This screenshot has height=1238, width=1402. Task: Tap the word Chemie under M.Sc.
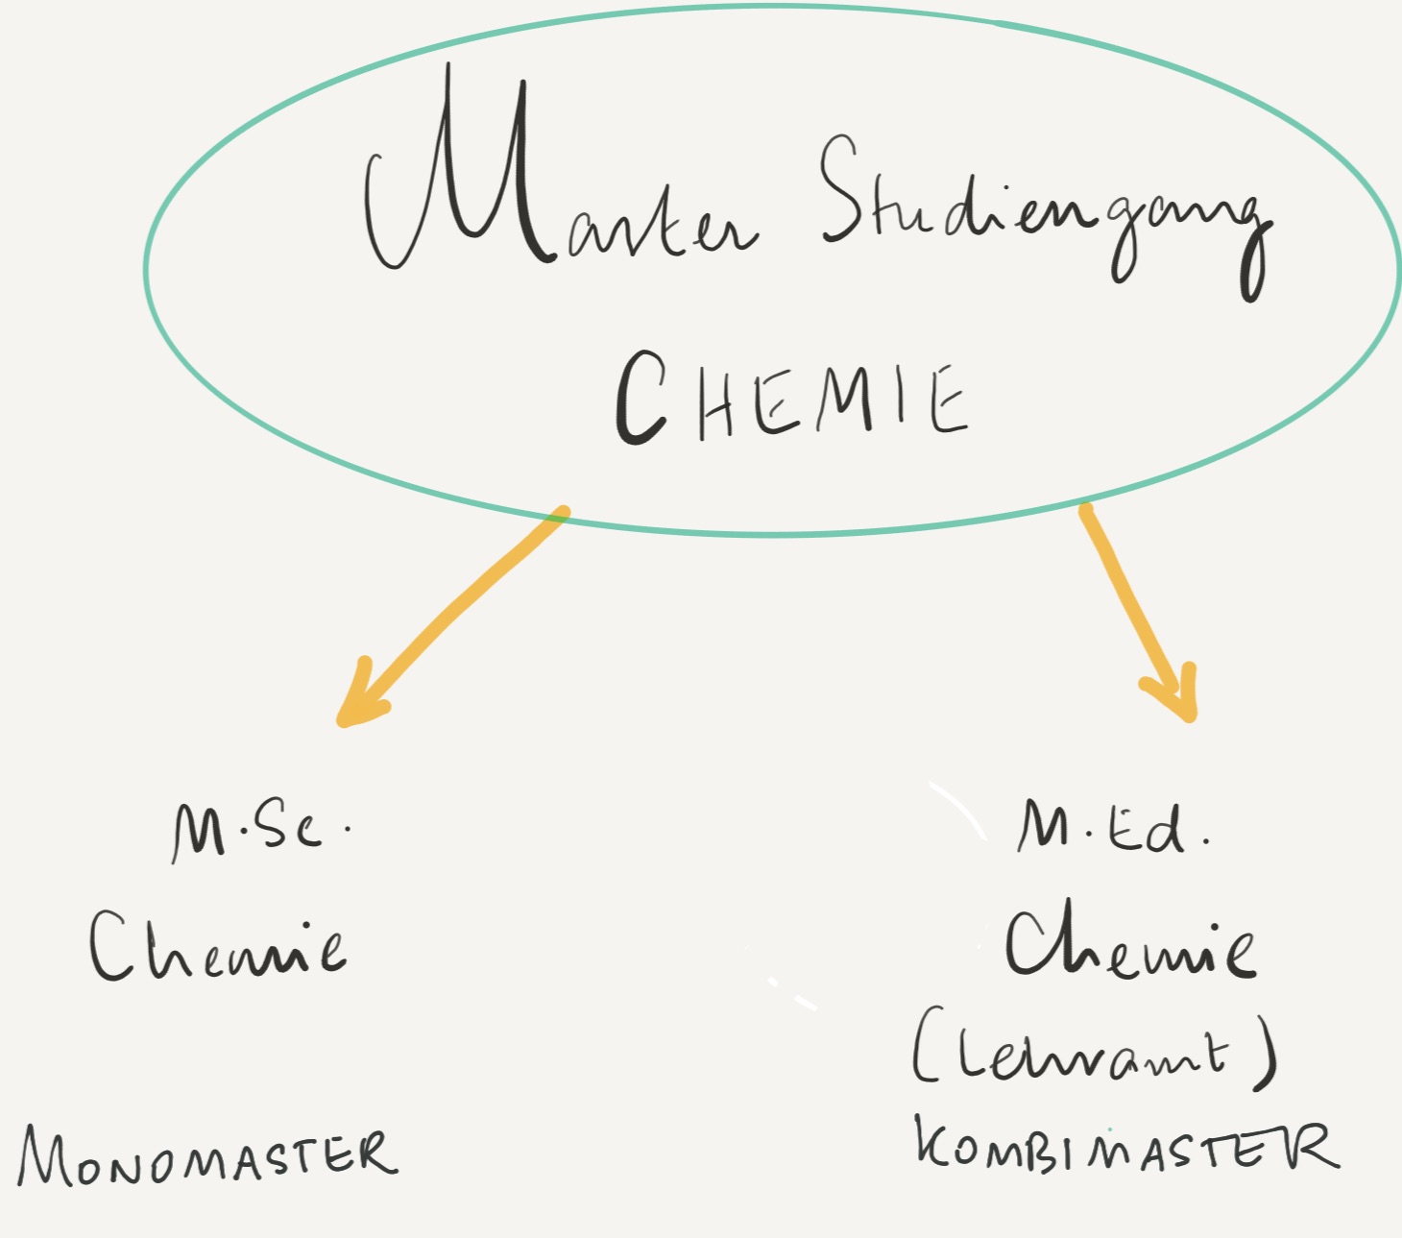pos(218,946)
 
